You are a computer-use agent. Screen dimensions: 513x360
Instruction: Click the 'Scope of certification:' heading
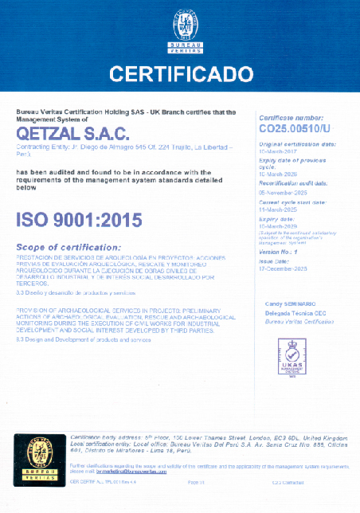point(68,248)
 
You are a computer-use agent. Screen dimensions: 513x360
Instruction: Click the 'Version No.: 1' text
point(279,253)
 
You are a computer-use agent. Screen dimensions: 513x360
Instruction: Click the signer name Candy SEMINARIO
point(295,305)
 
